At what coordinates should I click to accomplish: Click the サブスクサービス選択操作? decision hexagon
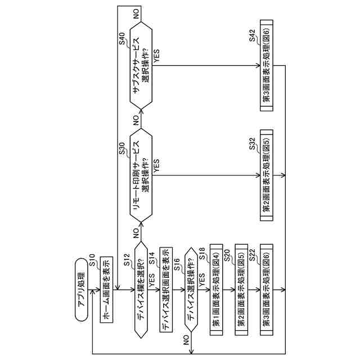(x=140, y=65)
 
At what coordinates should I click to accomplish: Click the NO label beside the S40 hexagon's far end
(x=137, y=13)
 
